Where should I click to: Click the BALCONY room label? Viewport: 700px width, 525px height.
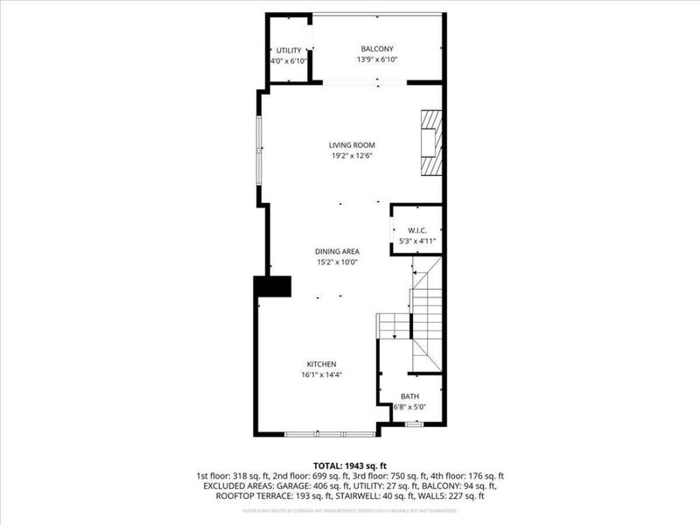[377, 48]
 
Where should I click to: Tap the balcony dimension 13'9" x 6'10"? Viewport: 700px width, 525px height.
[377, 60]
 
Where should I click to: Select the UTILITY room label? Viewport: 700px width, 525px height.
[289, 50]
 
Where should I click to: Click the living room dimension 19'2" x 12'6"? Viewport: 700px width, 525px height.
[351, 157]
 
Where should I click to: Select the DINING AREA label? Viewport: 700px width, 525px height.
[338, 251]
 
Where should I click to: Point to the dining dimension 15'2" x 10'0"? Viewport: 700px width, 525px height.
[338, 262]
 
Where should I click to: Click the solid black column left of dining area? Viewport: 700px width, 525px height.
[272, 286]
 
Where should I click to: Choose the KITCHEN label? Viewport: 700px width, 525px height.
[321, 364]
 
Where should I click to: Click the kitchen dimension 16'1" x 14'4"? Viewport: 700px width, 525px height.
[321, 375]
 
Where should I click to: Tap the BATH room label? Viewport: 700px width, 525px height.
[409, 396]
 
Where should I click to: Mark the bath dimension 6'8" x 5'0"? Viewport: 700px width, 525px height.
[409, 407]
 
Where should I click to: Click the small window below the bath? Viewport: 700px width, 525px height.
[414, 424]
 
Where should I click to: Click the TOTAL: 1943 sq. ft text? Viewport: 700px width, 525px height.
[350, 465]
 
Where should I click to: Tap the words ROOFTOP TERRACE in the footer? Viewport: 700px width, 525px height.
[244, 496]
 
